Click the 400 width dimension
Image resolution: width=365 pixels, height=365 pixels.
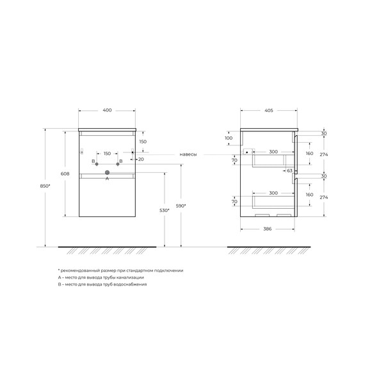(x=107, y=111)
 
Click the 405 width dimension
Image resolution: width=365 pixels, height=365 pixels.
(x=269, y=111)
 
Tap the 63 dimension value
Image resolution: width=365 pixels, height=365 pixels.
(x=289, y=171)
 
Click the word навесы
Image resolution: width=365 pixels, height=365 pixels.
(x=188, y=154)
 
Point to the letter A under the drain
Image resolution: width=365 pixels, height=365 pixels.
(x=107, y=179)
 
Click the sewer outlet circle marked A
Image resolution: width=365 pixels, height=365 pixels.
(x=107, y=172)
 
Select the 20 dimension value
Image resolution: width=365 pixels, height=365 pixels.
(x=140, y=159)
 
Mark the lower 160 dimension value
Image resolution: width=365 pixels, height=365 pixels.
(x=310, y=195)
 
